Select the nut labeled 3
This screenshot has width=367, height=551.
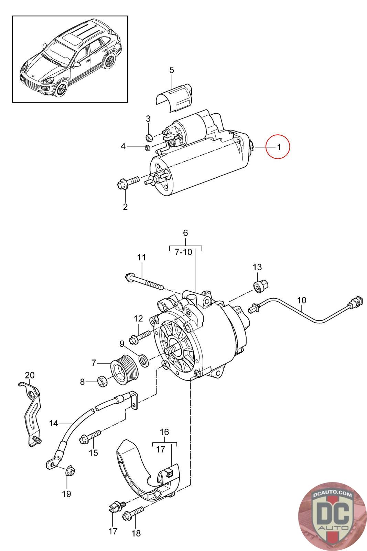pyautogui.click(x=149, y=137)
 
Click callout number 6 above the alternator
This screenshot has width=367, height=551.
pyautogui.click(x=185, y=233)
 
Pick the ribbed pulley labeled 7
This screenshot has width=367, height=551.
pyautogui.click(x=124, y=370)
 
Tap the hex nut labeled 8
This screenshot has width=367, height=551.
pyautogui.click(x=102, y=381)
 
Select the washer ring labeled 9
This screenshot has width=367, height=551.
pyautogui.click(x=143, y=360)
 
